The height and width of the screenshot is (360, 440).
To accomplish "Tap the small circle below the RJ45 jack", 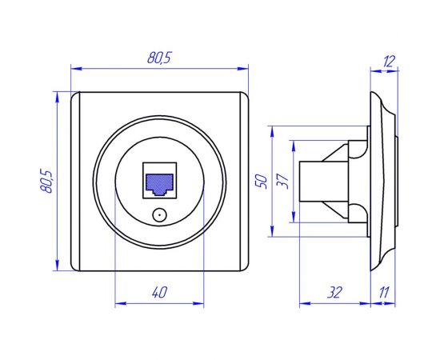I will click(x=158, y=214).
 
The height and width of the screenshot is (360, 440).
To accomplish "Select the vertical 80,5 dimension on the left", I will click(x=46, y=181).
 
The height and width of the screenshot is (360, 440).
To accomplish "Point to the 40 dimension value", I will click(x=159, y=293).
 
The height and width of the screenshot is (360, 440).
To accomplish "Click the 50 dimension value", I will click(x=259, y=181).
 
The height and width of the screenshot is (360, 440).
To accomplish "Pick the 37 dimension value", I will click(x=282, y=181).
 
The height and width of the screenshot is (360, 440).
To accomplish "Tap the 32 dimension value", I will click(x=334, y=293).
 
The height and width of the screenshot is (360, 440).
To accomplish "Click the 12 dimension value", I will click(x=389, y=60).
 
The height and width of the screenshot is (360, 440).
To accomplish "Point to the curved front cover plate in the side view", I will click(x=384, y=181).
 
